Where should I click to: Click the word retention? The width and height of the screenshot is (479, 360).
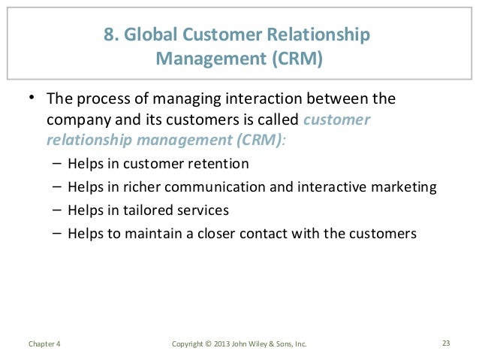[x=222, y=163]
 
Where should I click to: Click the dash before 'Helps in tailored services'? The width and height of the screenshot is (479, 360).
[x=58, y=210]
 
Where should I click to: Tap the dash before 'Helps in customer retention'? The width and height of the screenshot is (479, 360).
[x=58, y=163]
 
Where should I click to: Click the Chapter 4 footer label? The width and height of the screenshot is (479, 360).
[x=44, y=344]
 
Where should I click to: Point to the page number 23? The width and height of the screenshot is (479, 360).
[x=446, y=344]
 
